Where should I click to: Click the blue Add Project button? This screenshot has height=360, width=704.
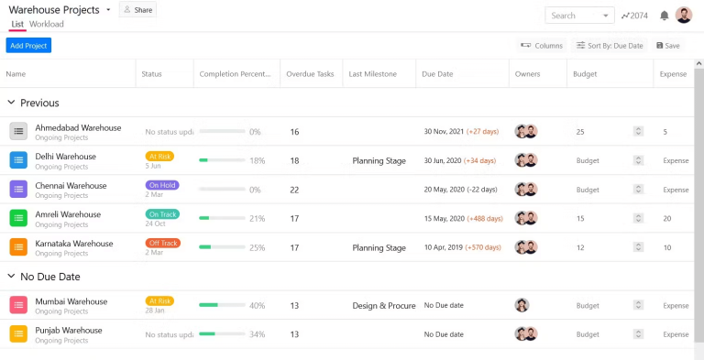[28, 46]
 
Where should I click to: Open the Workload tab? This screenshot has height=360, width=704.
[47, 24]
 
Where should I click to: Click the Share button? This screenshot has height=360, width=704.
[137, 10]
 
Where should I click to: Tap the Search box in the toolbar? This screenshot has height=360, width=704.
[578, 16]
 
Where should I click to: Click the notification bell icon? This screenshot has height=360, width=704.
[665, 16]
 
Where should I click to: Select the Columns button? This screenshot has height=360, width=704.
[541, 45]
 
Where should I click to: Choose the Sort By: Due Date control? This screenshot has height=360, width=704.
[609, 45]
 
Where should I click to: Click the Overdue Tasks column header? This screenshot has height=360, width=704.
[310, 74]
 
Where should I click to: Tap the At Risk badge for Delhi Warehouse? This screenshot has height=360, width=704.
[159, 156]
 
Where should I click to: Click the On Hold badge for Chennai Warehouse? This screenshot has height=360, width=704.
[161, 185]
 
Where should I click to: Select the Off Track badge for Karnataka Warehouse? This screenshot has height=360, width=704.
[162, 243]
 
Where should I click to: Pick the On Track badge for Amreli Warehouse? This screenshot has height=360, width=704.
[162, 214]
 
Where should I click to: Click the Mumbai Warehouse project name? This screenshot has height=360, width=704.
[71, 301]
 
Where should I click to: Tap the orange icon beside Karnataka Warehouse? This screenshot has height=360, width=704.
[18, 247]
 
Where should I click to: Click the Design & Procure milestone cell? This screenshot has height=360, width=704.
[383, 306]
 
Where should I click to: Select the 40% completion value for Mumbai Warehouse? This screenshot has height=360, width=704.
[257, 306]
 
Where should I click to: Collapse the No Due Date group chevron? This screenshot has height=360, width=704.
[11, 277]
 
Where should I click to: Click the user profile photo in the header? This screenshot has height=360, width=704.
[684, 16]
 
